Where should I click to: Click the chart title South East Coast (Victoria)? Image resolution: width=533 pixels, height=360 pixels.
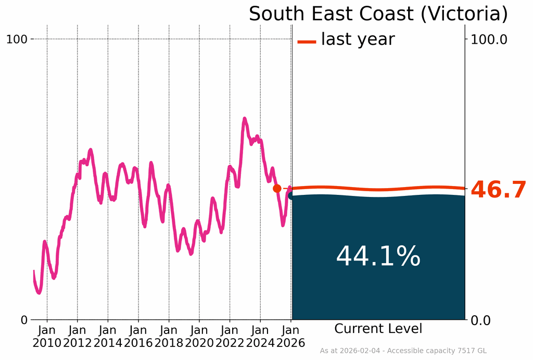click(378, 14)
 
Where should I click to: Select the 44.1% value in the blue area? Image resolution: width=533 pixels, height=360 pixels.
click(378, 256)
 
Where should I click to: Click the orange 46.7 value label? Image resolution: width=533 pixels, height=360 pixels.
click(498, 190)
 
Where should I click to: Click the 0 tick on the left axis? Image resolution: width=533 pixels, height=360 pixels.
click(24, 320)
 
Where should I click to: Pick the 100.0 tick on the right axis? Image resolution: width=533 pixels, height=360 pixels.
click(489, 39)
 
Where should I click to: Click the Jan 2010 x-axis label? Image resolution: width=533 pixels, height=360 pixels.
click(47, 337)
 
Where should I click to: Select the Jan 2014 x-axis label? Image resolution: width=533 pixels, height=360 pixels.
click(108, 337)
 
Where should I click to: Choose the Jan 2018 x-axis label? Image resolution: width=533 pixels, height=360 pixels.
click(169, 337)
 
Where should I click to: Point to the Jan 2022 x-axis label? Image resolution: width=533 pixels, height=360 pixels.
click(230, 337)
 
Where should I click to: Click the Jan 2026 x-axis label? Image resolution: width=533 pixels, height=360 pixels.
click(290, 337)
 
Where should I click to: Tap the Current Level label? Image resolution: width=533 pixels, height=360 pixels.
click(378, 329)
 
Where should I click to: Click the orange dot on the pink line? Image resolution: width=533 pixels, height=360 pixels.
click(277, 188)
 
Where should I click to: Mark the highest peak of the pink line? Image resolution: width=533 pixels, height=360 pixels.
click(244, 119)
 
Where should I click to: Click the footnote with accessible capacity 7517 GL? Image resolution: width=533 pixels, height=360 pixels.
click(403, 351)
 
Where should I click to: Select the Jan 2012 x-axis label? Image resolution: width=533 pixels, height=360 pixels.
click(77, 337)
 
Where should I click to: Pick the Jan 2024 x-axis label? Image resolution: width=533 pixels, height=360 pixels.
click(260, 337)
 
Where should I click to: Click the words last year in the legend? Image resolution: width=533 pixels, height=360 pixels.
click(358, 39)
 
